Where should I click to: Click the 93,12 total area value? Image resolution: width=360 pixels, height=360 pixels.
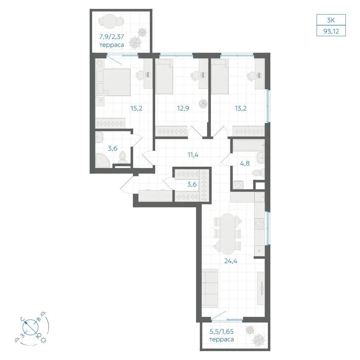[x=331, y=31]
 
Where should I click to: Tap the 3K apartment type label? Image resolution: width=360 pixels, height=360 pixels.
[x=331, y=20]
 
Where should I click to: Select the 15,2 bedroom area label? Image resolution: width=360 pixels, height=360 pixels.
[x=136, y=108]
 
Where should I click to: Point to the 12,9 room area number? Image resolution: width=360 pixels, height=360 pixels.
[x=183, y=108]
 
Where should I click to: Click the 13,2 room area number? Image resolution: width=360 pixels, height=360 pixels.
[x=240, y=108]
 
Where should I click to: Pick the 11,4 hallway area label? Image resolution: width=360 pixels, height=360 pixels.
[x=193, y=155]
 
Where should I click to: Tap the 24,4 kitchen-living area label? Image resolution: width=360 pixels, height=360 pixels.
[x=231, y=261]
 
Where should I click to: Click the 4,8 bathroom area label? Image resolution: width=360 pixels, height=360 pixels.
[x=245, y=163]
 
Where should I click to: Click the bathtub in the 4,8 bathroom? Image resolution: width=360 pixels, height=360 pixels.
[x=249, y=145]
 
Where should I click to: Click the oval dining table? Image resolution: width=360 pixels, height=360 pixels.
[x=227, y=234]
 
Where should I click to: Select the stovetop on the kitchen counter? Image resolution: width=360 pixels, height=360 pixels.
[x=260, y=224]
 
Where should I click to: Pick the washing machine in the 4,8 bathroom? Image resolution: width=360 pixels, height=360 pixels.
[x=238, y=185]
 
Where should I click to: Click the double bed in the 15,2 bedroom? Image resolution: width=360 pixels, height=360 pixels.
[x=113, y=82]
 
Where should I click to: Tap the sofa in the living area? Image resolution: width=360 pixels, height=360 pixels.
[x=210, y=288]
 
